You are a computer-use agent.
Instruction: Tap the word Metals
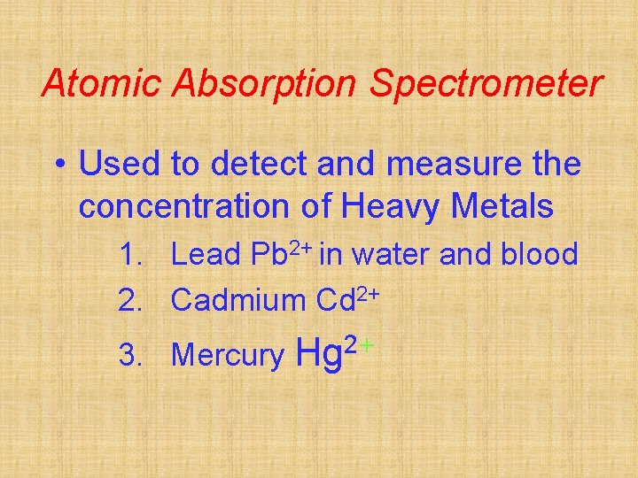(502, 207)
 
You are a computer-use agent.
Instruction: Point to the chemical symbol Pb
(268, 255)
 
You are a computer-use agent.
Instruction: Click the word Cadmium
(238, 300)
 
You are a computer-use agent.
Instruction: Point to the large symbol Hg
(322, 353)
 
